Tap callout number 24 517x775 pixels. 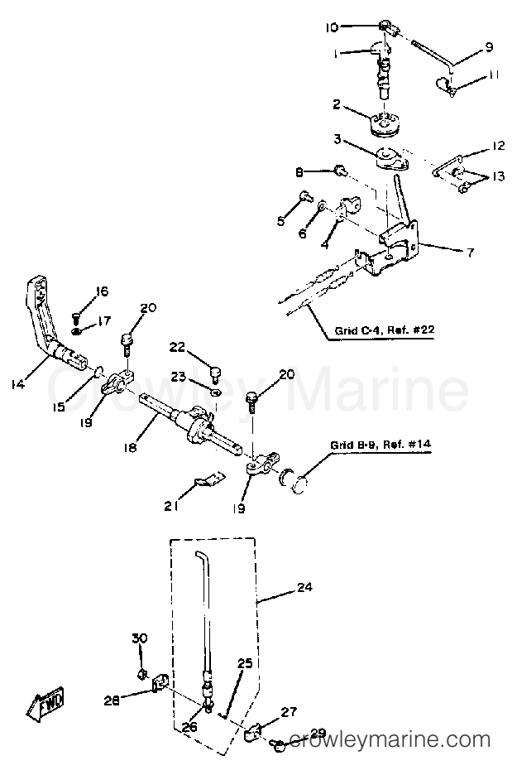tap(305, 587)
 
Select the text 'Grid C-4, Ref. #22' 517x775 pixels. tap(385, 330)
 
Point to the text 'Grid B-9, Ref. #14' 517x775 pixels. tap(381, 445)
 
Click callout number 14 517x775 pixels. tap(17, 384)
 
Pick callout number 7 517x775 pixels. tap(470, 253)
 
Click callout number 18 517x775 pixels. tap(131, 447)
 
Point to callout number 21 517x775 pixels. tap(171, 506)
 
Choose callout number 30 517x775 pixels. tap(140, 638)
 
